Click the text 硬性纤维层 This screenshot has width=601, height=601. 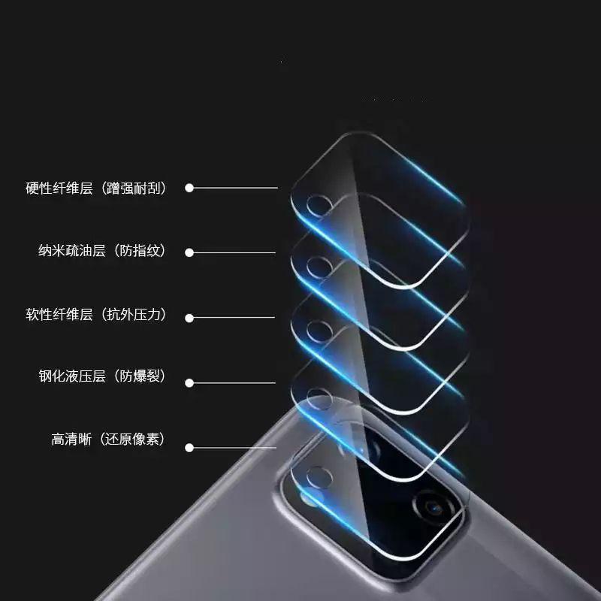click(59, 189)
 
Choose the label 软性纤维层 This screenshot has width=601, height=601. click(59, 315)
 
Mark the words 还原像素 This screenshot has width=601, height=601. click(134, 439)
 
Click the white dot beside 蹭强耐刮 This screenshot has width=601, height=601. click(189, 188)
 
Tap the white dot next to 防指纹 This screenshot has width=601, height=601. click(189, 252)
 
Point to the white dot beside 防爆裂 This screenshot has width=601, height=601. click(189, 382)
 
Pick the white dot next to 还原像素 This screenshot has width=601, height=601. click(189, 448)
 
